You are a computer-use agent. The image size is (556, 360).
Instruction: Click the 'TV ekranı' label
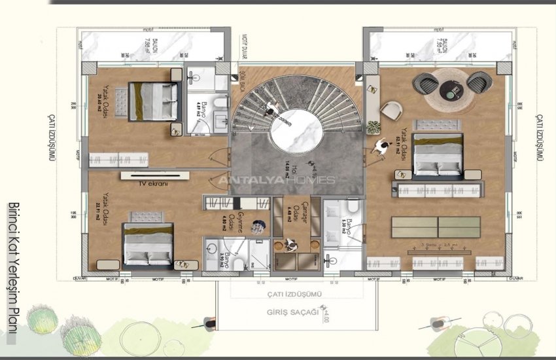tap(154, 185)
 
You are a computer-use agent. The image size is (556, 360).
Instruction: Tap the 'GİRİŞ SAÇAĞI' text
tap(293, 312)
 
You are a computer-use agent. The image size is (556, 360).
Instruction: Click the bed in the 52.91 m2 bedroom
tap(438, 155)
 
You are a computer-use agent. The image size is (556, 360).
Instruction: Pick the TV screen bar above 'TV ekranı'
tap(154, 175)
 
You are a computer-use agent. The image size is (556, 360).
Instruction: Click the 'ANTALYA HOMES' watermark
tap(276, 180)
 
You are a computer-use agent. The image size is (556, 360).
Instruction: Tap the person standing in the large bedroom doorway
tap(379, 147)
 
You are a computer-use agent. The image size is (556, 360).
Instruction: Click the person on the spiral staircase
tap(269, 111)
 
